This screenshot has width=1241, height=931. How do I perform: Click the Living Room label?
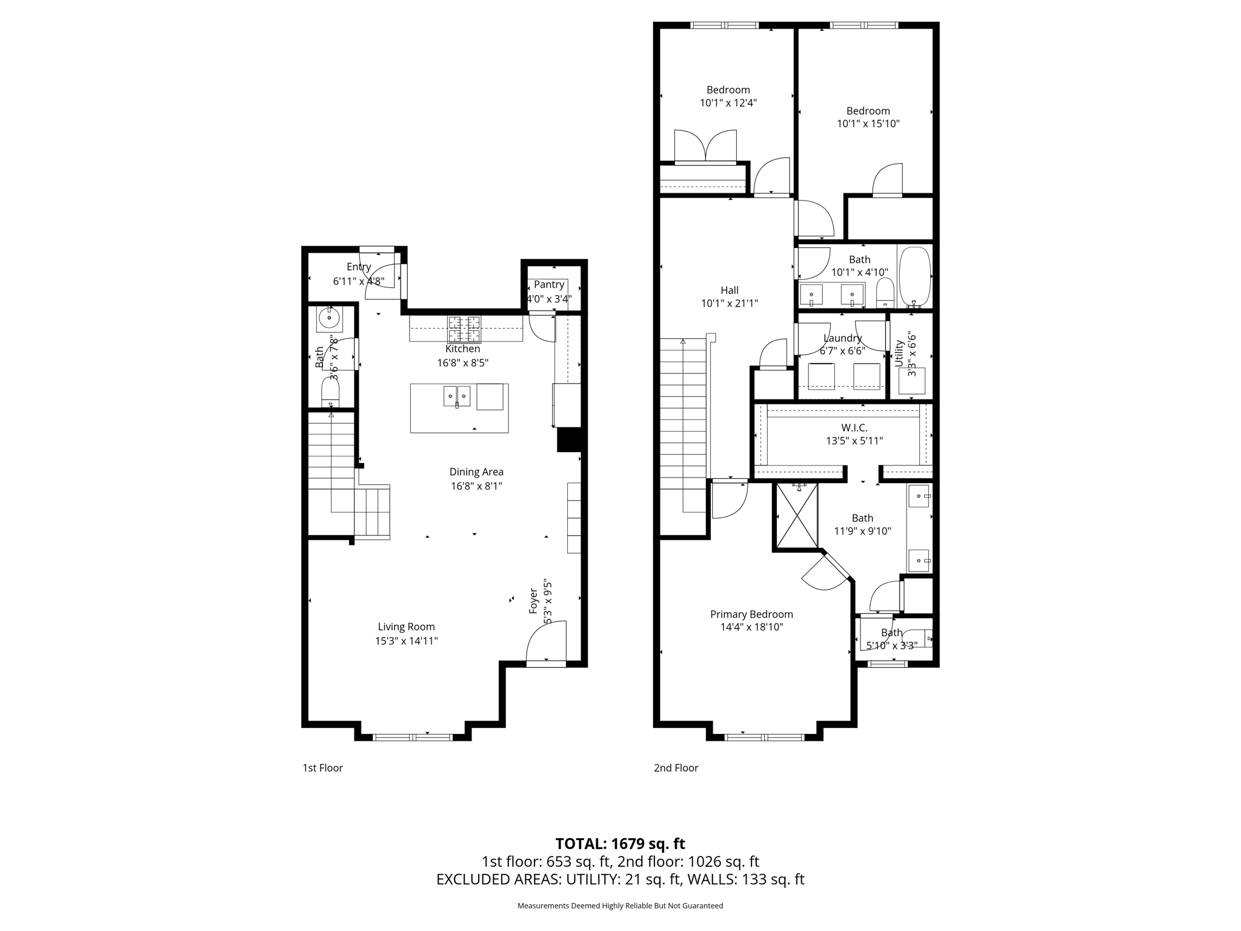[x=406, y=627]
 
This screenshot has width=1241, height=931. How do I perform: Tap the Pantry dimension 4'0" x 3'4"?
[x=549, y=299]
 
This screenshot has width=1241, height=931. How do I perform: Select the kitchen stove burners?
[x=464, y=329]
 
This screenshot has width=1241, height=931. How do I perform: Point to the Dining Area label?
[x=476, y=472]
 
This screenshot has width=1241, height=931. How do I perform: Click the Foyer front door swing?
[x=546, y=644]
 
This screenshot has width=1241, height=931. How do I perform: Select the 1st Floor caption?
[x=322, y=768]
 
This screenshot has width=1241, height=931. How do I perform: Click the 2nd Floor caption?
[x=676, y=768]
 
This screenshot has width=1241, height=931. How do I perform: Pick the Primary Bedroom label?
[x=751, y=614]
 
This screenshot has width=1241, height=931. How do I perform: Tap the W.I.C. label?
[x=854, y=428]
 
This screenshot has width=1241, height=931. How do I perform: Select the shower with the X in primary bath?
[x=796, y=515]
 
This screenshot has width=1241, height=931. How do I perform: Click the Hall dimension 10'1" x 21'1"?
[x=730, y=304]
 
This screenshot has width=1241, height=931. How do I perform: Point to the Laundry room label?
[x=842, y=338]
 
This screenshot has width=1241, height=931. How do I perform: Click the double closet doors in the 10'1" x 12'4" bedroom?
[x=706, y=147]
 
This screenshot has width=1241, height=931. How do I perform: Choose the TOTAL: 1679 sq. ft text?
[x=620, y=844]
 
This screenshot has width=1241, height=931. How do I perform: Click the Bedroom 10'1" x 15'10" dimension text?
[x=868, y=124]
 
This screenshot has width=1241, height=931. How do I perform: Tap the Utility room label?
[x=899, y=353]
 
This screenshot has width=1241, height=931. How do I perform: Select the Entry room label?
[x=358, y=267]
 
